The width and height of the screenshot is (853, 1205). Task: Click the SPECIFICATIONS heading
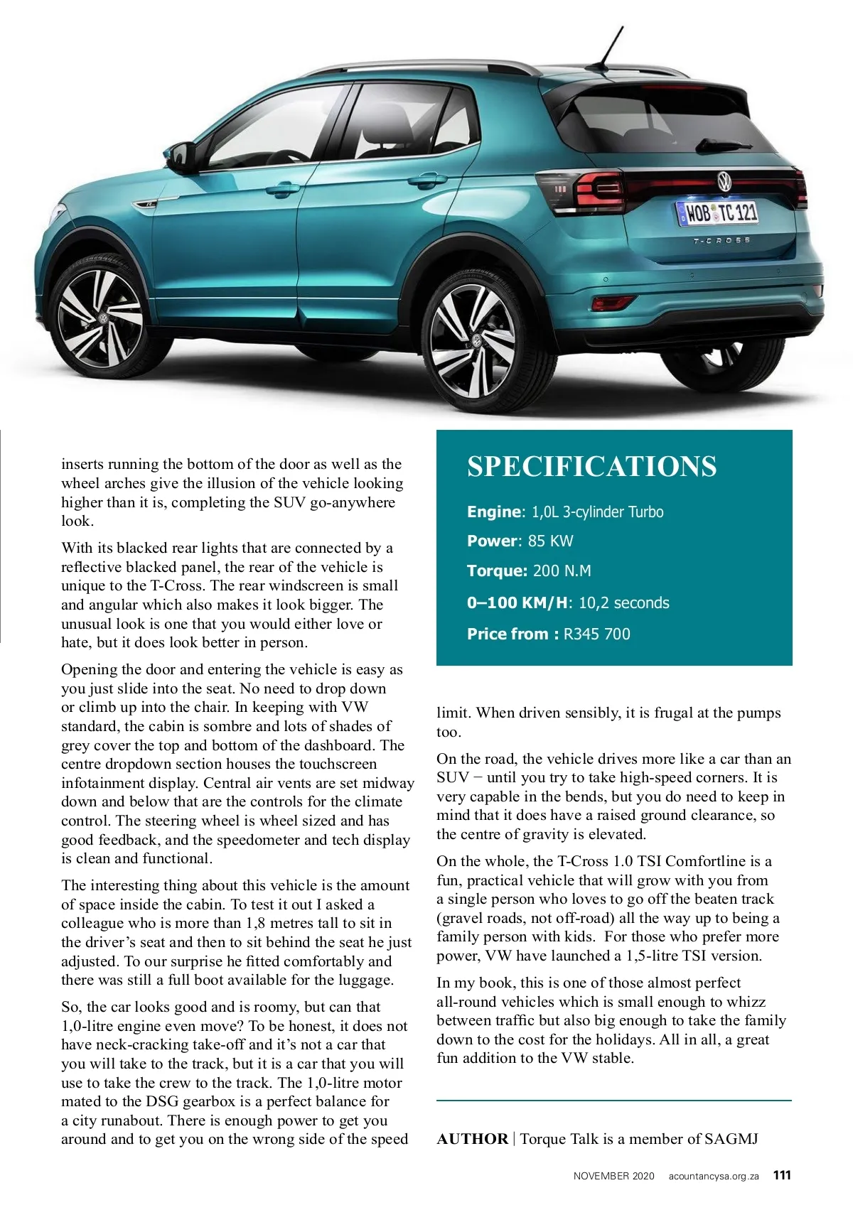(x=591, y=467)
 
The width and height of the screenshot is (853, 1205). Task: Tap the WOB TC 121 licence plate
(x=717, y=212)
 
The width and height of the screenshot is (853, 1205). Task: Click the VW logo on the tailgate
(x=724, y=181)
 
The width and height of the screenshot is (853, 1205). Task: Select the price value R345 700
(x=596, y=634)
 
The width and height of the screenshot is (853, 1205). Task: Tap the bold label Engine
(x=493, y=512)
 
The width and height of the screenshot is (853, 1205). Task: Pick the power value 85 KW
(x=550, y=541)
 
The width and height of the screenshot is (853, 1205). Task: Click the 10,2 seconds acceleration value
(x=623, y=603)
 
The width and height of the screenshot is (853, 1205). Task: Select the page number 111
(x=782, y=1175)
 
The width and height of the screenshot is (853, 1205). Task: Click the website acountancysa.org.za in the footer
(x=713, y=1176)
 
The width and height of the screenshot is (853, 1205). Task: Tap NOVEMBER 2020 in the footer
(x=613, y=1176)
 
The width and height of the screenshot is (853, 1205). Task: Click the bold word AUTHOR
(x=472, y=1139)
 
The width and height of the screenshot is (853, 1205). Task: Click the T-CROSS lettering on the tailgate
(x=721, y=241)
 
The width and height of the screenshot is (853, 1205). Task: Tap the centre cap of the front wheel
(x=102, y=319)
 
